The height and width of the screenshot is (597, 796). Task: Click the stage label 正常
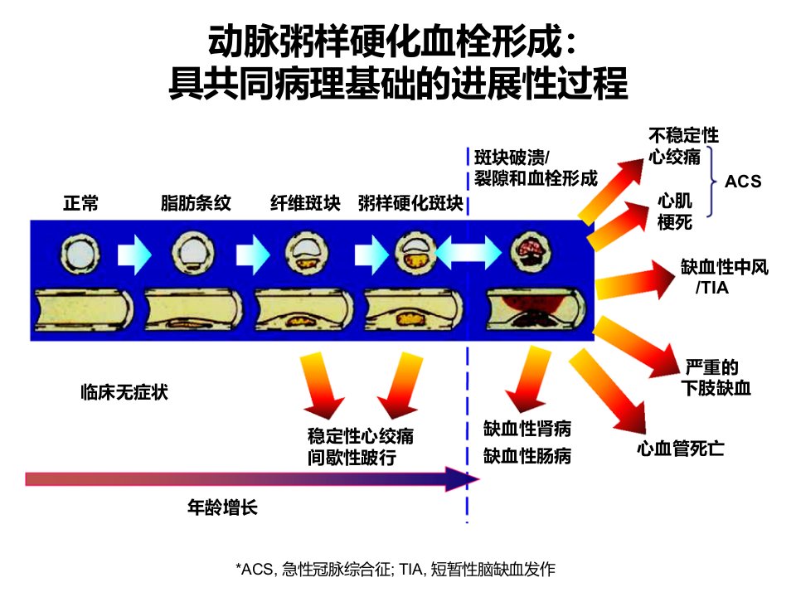pos(80,203)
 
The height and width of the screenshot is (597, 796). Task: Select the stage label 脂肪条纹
pos(196,203)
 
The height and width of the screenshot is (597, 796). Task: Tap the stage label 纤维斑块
pos(305,203)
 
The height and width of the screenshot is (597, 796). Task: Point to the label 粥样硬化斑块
pos(410,203)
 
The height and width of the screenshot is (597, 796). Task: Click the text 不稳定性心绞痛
pos(683,146)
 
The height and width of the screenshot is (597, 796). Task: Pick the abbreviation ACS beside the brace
pos(743,182)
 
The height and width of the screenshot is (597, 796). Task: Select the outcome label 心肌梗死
pos(675,211)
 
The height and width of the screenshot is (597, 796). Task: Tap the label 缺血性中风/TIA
pos(725,277)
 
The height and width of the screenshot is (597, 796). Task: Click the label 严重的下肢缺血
pos(716,378)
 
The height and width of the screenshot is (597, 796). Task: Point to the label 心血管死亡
pos(680,449)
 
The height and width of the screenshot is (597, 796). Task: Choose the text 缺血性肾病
pos(527,429)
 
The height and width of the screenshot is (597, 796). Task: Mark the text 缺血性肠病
pos(527,456)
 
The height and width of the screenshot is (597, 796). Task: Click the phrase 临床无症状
pos(124,392)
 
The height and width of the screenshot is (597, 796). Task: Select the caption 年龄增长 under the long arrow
pos(222,507)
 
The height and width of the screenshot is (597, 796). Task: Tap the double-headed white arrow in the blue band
pos(468,252)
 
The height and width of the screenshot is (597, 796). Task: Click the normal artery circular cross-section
pos(80,254)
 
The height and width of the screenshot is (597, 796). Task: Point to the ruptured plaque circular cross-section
pos(531,251)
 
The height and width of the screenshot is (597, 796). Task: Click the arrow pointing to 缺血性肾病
pos(527,379)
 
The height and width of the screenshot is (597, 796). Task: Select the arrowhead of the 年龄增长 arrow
pos(462,478)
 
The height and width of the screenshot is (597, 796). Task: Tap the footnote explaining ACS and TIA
pos(396,569)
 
